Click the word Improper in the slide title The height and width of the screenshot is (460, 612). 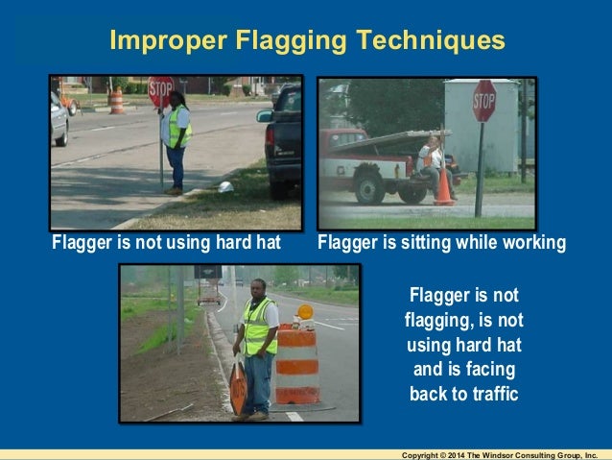coord(160,41)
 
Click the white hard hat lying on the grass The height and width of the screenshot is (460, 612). coord(225,186)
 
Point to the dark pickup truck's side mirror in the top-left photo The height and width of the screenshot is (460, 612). coord(265,116)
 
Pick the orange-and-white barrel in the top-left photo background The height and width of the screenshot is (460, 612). coord(116,101)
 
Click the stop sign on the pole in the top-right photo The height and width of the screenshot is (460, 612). coord(483,101)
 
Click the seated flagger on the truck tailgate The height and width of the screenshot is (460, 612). coord(433,161)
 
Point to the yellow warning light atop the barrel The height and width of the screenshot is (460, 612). coord(305,312)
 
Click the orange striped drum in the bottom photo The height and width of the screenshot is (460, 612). coord(297,365)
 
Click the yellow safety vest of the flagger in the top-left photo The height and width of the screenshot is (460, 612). coord(178,126)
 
